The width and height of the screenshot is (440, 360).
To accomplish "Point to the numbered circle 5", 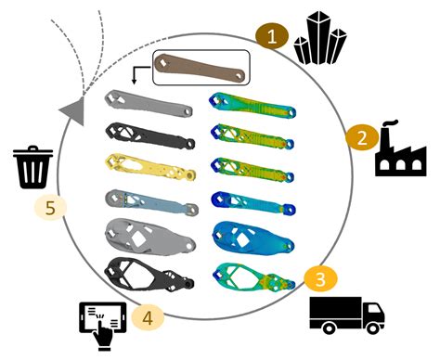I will point(51,207).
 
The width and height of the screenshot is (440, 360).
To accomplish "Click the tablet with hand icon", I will point(96,317).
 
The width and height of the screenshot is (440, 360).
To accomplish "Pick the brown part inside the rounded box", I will point(200,69).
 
